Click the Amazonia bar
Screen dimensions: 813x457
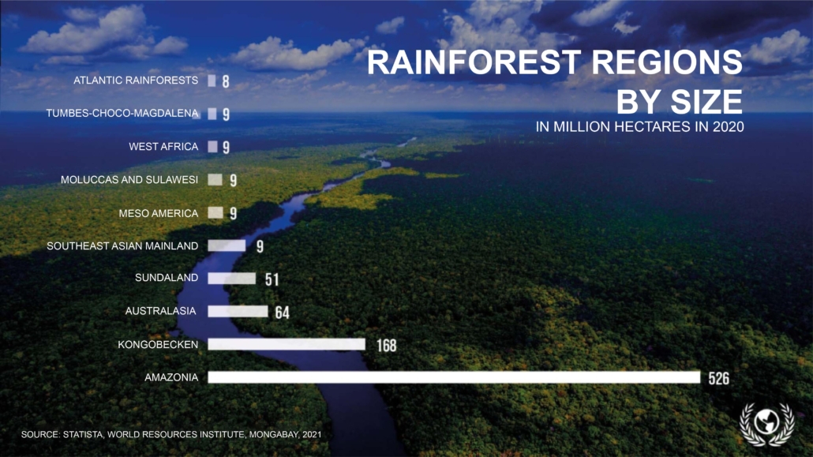click(454, 377)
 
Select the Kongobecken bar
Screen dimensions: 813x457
click(287, 344)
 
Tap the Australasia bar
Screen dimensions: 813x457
click(238, 311)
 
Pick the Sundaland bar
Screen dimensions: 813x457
click(232, 279)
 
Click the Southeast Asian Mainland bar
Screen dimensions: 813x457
click(227, 245)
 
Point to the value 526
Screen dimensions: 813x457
click(718, 379)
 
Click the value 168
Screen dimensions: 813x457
click(386, 346)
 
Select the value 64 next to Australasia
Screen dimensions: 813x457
click(282, 313)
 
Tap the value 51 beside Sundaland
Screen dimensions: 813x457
click(272, 279)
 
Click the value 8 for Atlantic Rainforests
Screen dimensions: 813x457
click(226, 81)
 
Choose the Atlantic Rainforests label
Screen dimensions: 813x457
click(136, 81)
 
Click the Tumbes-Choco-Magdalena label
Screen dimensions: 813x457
click(122, 113)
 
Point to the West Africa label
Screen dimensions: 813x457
click(163, 147)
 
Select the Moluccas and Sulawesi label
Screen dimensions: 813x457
click(129, 180)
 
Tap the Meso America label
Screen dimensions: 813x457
click(158, 213)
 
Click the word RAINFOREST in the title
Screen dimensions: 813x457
click(474, 62)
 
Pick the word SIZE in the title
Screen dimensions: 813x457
click(706, 102)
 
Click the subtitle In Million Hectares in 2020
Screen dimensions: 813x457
click(640, 126)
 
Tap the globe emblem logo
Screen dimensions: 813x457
click(767, 424)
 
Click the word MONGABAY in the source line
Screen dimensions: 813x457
click(273, 435)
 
